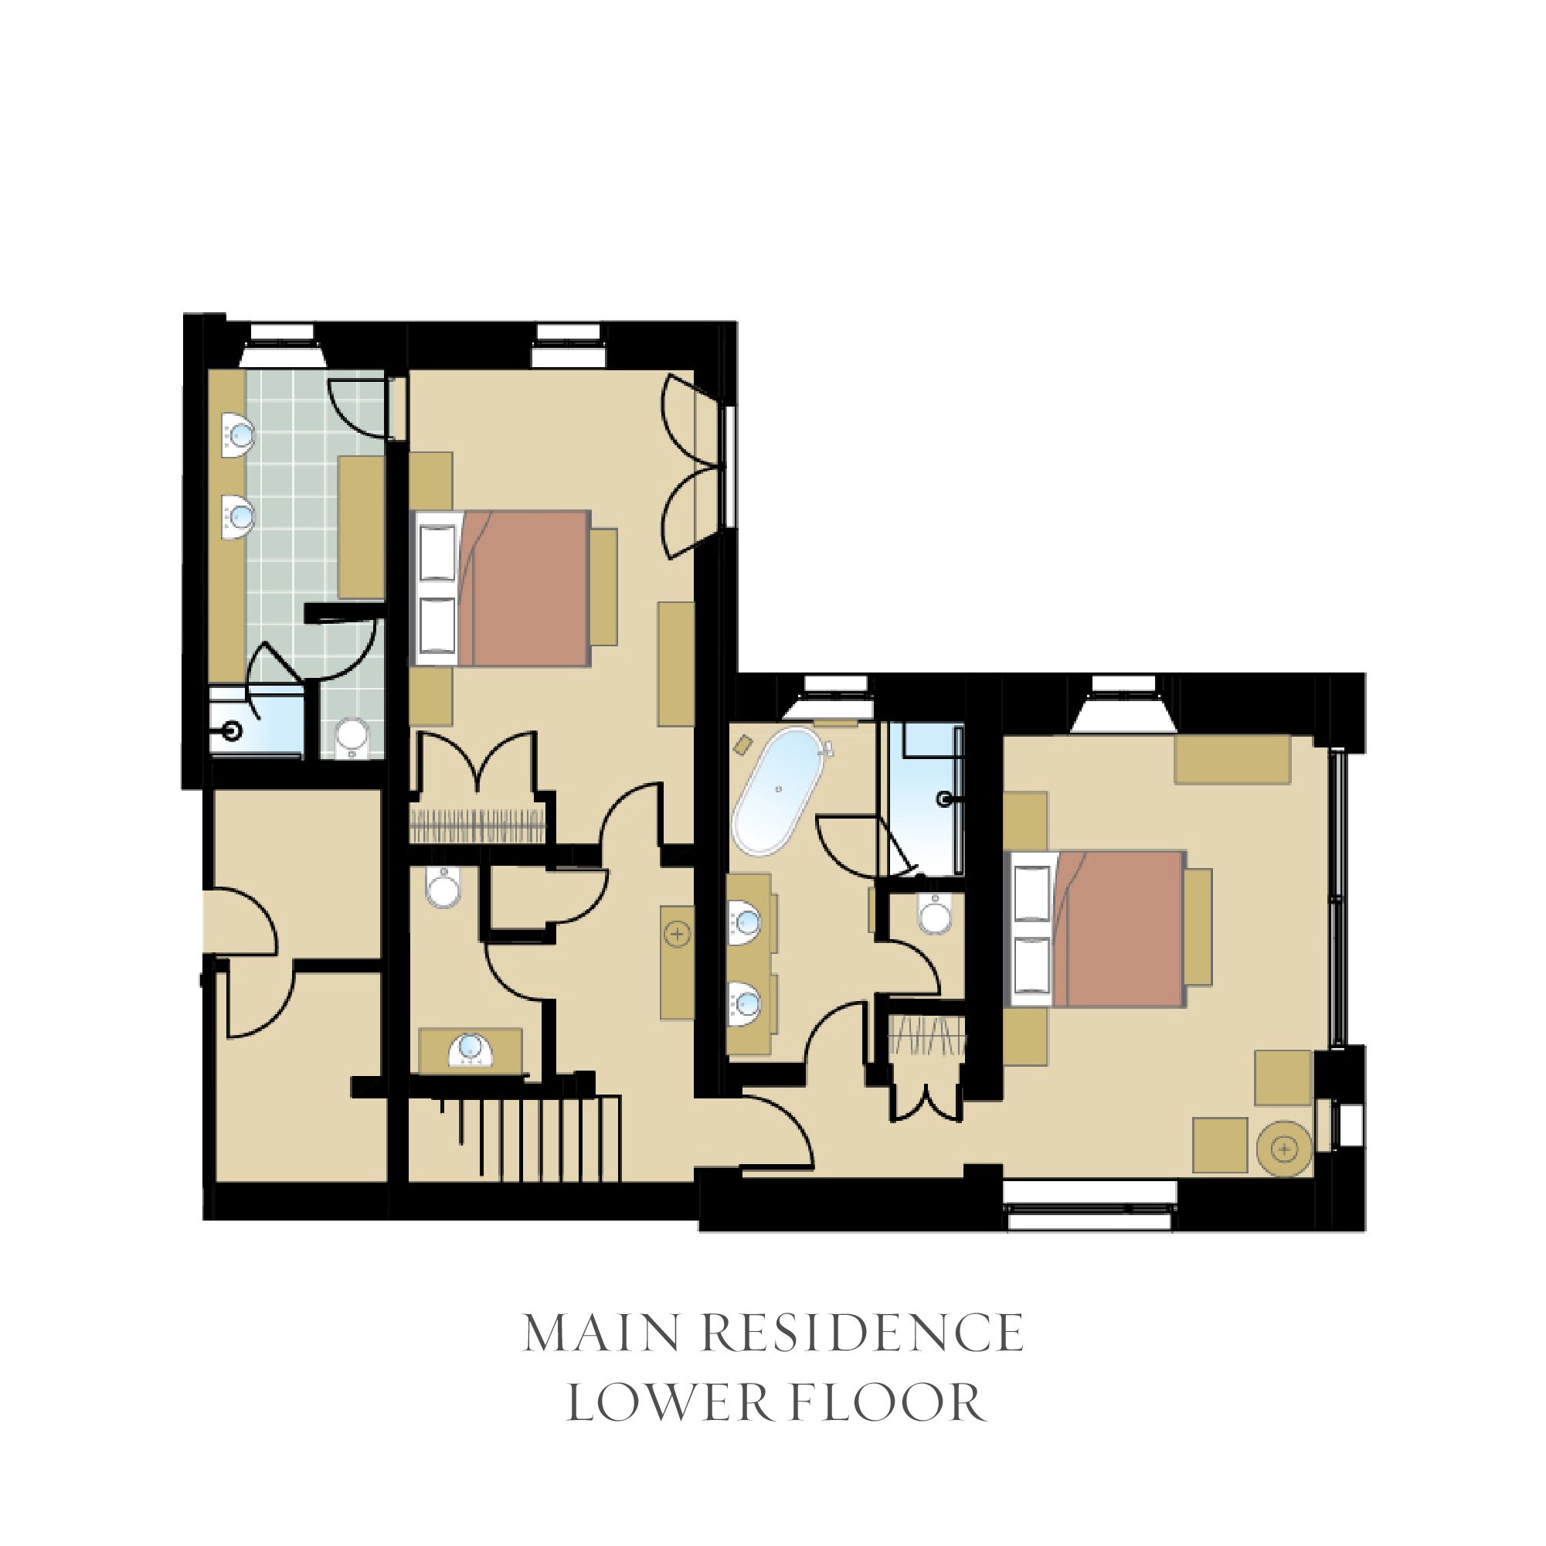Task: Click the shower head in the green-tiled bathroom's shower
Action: (233, 730)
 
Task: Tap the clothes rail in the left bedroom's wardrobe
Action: (477, 826)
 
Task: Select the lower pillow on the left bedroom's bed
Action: (438, 626)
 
